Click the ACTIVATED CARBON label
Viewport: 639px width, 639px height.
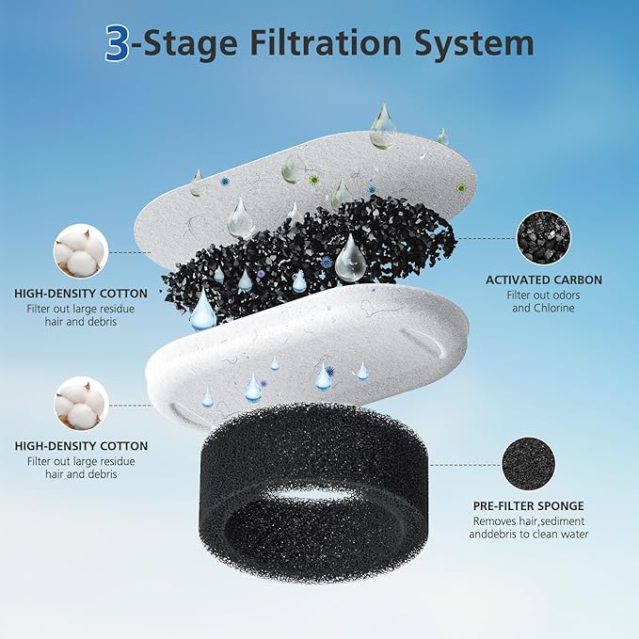543,280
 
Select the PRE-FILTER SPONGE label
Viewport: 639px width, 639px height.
529,506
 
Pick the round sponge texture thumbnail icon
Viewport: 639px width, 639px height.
529,464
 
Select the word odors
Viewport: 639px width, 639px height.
566,295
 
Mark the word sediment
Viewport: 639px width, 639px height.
564,520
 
